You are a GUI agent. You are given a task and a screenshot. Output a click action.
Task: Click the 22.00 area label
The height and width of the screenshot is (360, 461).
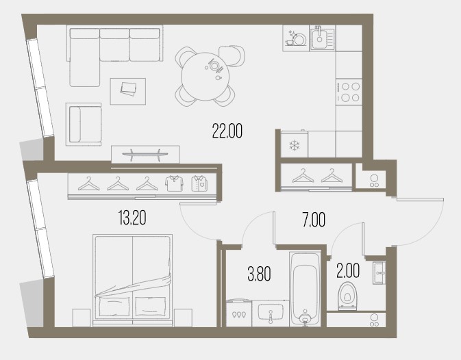(x=227, y=131)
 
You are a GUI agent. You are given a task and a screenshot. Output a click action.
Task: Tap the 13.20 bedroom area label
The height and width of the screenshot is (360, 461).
(x=132, y=218)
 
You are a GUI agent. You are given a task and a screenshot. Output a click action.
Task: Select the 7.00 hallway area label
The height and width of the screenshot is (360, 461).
(x=314, y=220)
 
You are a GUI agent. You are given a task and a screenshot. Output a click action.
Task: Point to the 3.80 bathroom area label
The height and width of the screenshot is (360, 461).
(x=259, y=274)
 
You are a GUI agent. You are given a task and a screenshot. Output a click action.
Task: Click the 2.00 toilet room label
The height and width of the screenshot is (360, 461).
(x=348, y=271)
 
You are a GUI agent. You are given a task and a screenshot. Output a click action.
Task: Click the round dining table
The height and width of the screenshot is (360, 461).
(x=205, y=77)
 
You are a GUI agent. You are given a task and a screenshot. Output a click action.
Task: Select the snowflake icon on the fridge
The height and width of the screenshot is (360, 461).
(x=294, y=145)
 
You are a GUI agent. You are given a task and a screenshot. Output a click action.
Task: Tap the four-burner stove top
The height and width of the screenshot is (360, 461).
(x=349, y=92)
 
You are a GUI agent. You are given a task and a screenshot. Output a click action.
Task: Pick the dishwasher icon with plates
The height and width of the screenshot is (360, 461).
(x=295, y=38)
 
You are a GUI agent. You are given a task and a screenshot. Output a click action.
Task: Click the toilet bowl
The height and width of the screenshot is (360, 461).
(x=347, y=296)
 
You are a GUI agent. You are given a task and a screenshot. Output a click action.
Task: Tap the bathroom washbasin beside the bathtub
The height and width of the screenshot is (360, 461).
(x=271, y=312)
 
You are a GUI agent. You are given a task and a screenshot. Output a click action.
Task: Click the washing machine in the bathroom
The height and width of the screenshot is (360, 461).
(x=239, y=312)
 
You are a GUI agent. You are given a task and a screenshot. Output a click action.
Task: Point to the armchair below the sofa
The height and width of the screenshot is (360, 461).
(x=84, y=124)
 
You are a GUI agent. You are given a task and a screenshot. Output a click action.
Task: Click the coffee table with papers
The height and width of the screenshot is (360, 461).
(x=128, y=91)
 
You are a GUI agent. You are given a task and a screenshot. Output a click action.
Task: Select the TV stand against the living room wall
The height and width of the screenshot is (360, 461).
(x=145, y=154)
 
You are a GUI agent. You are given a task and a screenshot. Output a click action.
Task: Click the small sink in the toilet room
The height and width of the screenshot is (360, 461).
(x=379, y=273)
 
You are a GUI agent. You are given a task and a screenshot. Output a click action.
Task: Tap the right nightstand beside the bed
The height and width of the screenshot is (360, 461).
(x=183, y=318)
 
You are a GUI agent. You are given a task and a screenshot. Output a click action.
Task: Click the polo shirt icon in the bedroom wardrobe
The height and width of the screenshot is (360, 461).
(x=174, y=183)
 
